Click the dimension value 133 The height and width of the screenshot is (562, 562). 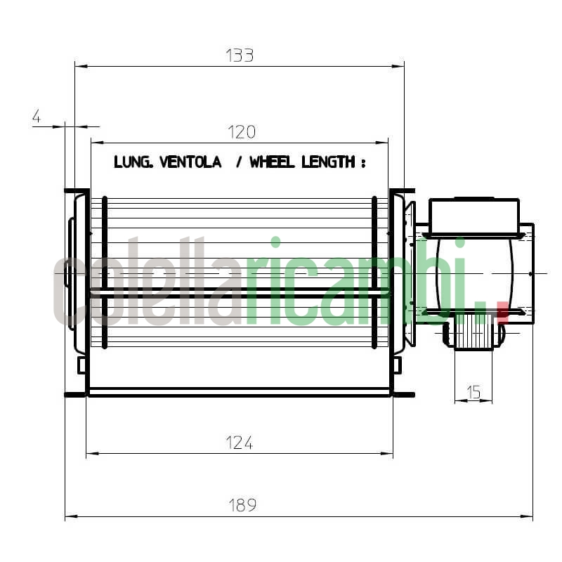point(240,55)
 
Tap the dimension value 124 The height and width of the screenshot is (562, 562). point(239,443)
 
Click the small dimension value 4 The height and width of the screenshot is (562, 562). point(36,117)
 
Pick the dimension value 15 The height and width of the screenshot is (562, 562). point(473,392)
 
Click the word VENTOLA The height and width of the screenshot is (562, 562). point(190,162)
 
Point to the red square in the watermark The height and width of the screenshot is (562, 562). point(502,311)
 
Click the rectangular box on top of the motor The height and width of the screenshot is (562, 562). point(473,216)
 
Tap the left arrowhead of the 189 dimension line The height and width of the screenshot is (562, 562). point(69,516)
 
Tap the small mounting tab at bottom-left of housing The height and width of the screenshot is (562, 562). point(81,365)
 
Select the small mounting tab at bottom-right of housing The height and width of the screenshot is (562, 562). point(397,365)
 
